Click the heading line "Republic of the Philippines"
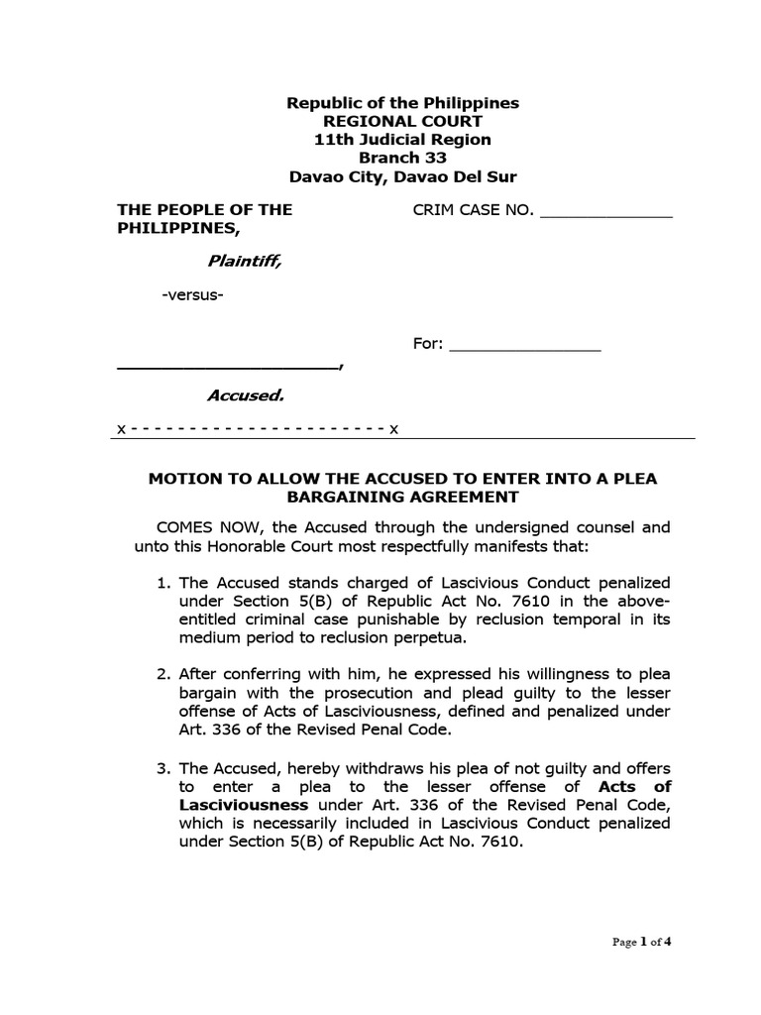point(402,103)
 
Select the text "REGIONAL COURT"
point(402,121)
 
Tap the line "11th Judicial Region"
point(402,140)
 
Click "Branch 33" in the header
point(402,158)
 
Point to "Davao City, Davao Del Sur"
point(402,177)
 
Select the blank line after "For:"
point(525,347)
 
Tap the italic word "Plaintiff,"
point(244,261)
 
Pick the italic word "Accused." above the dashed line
point(245,395)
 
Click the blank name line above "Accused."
point(228,367)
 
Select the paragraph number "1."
point(164,582)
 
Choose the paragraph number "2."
point(164,675)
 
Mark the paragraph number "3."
point(164,767)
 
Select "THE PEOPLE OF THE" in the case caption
point(205,209)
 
